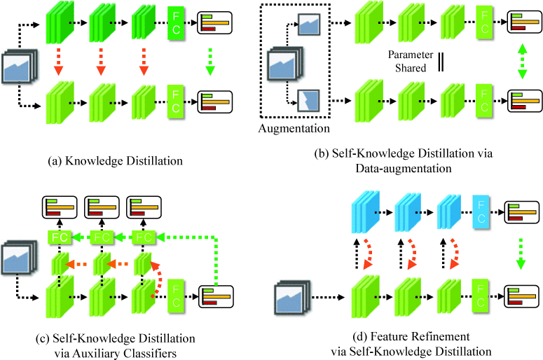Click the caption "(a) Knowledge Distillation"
click(116, 161)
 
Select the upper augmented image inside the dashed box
click(309, 25)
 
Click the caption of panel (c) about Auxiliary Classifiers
click(114, 345)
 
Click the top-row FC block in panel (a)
click(175, 22)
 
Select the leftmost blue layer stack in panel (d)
click(365, 209)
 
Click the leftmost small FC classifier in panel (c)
click(60, 237)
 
